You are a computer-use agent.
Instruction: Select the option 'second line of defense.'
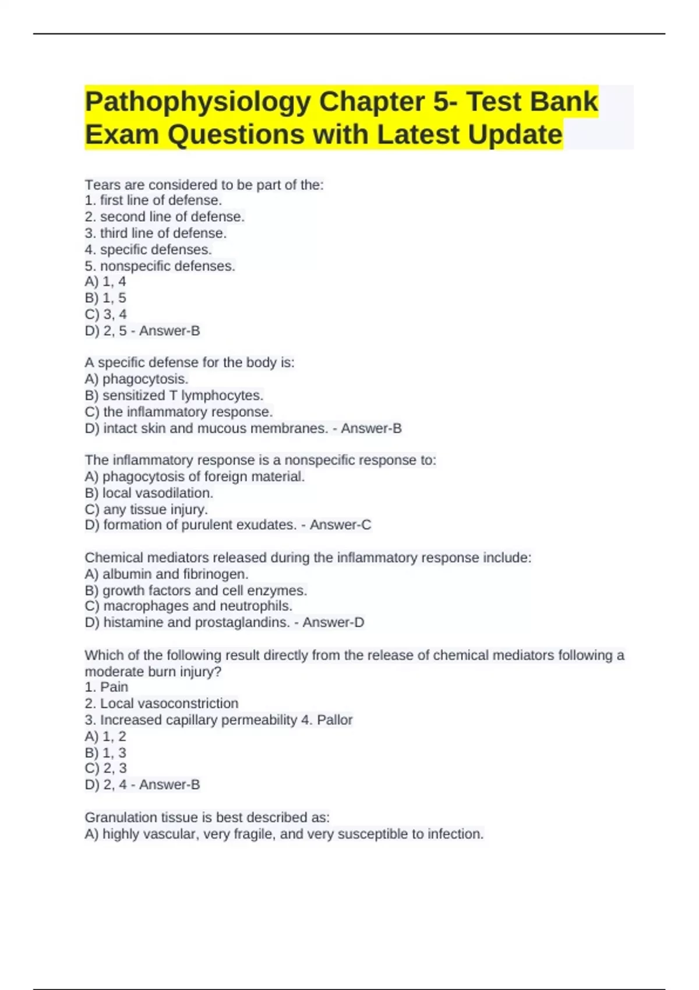tap(165, 217)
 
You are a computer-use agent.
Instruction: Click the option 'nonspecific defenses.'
tap(160, 266)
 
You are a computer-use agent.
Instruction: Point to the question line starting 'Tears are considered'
tap(204, 185)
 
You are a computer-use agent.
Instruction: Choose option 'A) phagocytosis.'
tap(136, 379)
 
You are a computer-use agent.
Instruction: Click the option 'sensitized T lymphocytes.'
tap(174, 395)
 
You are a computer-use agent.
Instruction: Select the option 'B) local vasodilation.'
tap(149, 493)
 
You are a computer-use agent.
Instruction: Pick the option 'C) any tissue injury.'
tap(146, 510)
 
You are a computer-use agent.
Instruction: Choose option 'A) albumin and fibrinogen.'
tap(167, 574)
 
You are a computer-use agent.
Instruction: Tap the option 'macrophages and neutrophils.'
tap(189, 606)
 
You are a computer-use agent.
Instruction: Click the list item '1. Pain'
tap(107, 687)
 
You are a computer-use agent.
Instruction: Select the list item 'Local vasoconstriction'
tap(162, 703)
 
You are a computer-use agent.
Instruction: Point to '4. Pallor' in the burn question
tap(327, 720)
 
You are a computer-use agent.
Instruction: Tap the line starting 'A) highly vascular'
tap(284, 835)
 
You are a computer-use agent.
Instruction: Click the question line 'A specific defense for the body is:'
tap(189, 363)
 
